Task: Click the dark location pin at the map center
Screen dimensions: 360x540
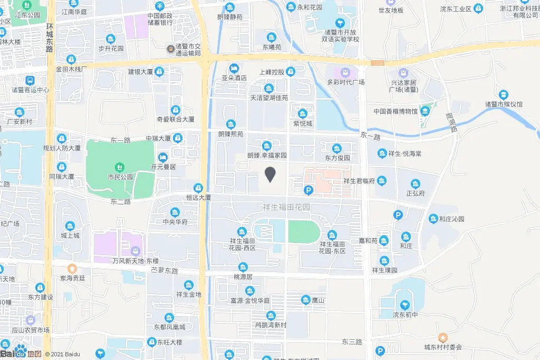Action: (x=271, y=174)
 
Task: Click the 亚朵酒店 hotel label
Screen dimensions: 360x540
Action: (x=234, y=77)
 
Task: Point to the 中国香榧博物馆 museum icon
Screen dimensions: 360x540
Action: (x=425, y=111)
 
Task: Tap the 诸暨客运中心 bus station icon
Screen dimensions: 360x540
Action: (x=30, y=81)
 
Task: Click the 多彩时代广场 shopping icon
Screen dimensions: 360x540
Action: (x=346, y=72)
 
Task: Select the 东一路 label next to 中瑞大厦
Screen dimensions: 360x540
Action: (x=120, y=140)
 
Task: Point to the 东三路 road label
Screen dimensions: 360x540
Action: (x=351, y=342)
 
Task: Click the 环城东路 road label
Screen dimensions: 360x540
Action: (x=50, y=38)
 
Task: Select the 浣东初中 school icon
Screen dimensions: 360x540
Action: (x=405, y=305)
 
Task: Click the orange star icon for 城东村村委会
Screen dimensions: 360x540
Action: (x=443, y=337)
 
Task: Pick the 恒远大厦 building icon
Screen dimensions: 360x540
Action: (x=198, y=188)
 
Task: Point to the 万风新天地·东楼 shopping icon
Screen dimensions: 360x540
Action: (x=136, y=251)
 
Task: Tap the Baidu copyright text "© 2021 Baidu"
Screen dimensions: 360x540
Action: (x=62, y=354)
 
